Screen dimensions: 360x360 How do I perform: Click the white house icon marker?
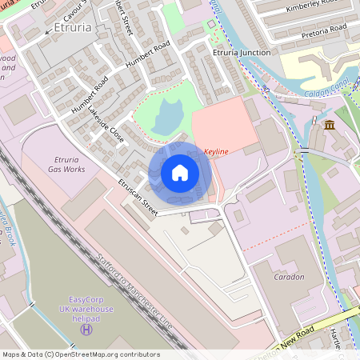[180, 172]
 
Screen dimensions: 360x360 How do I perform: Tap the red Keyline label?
[216, 151]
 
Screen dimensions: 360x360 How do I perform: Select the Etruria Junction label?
[242, 53]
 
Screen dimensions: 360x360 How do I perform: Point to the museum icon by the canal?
[330, 124]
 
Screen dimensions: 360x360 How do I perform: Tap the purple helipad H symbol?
[86, 329]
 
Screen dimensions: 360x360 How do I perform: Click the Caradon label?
[289, 277]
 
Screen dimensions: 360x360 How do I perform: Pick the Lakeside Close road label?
[106, 123]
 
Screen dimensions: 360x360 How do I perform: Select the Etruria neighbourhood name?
[72, 28]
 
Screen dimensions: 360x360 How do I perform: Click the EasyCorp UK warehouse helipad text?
[86, 309]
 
